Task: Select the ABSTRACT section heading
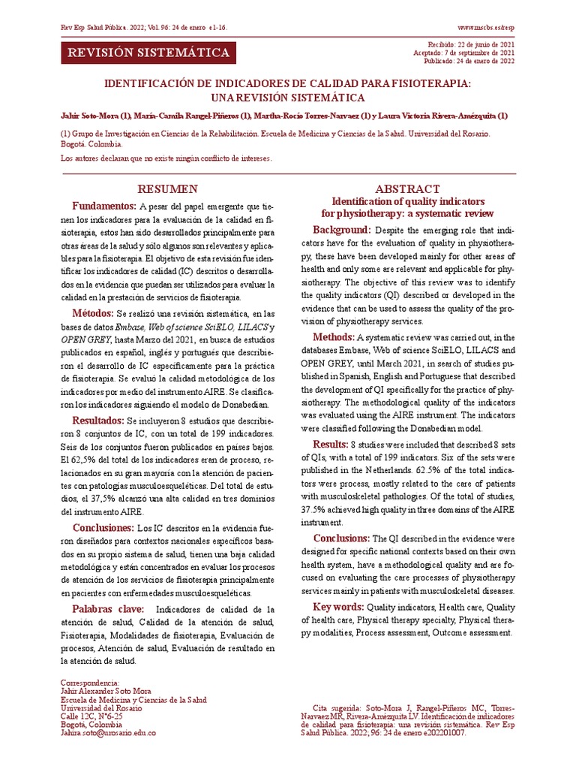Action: (407, 188)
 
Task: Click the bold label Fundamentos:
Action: (104, 206)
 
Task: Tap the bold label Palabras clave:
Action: (109, 608)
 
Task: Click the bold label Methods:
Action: (334, 336)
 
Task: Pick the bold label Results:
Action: (331, 445)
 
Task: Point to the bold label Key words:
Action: (338, 606)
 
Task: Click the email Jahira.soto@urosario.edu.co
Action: (109, 733)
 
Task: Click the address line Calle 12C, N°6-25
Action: (92, 716)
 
